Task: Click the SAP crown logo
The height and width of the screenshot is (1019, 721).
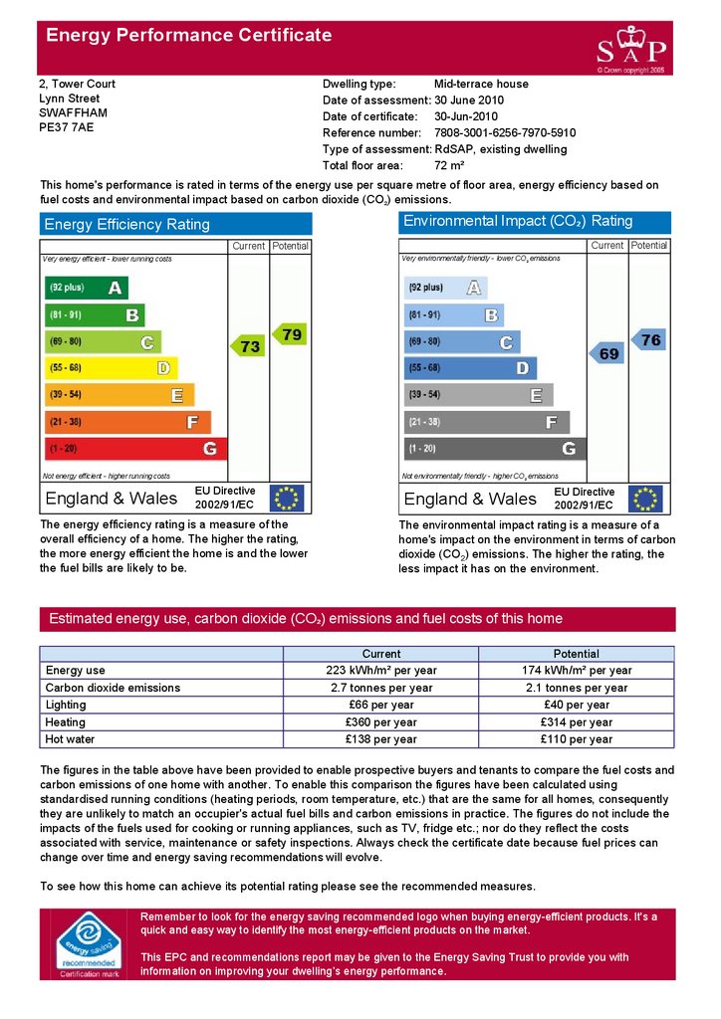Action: pos(631,48)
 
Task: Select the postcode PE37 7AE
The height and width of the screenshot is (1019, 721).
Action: pos(66,127)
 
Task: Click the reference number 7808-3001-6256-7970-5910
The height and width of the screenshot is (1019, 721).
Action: pos(505,132)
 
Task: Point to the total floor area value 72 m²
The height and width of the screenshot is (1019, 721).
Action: pos(449,165)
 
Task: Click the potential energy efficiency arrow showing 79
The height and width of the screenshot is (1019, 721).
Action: pos(290,334)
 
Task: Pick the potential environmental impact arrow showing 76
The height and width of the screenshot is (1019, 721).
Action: pos(648,340)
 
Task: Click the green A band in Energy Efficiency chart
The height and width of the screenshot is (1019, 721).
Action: pos(87,289)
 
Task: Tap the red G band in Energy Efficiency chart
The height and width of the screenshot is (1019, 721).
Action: pos(135,449)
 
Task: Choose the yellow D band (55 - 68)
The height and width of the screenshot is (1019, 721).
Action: pos(111,368)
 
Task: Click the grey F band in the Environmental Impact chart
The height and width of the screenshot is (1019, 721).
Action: pos(486,422)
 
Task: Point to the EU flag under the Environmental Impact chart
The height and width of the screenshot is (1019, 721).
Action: pos(646,499)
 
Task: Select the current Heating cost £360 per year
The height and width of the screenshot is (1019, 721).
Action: pos(380,722)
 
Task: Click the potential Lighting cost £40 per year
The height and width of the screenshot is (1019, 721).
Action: pos(576,705)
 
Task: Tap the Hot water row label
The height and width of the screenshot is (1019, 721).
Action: pos(70,739)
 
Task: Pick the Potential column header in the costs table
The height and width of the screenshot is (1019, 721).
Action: pos(576,654)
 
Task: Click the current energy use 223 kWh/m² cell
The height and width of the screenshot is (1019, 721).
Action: pos(380,671)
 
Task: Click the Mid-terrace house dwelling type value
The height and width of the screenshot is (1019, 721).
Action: pos(481,84)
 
